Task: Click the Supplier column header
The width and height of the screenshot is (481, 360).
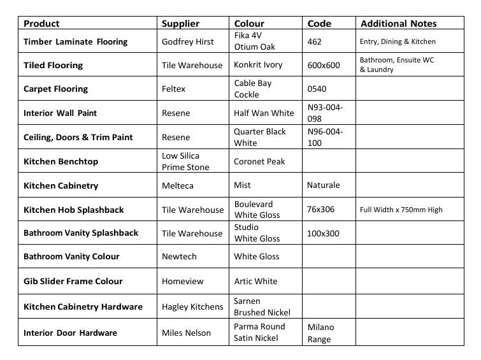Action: click(x=180, y=24)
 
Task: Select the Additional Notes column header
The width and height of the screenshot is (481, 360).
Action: click(x=398, y=24)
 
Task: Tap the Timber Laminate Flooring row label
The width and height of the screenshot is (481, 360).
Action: click(x=75, y=42)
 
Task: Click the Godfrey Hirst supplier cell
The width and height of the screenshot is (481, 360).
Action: click(x=189, y=42)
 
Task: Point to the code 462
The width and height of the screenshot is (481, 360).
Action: click(x=315, y=42)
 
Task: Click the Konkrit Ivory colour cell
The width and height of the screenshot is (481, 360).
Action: click(x=258, y=65)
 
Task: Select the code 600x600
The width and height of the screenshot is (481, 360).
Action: click(x=324, y=65)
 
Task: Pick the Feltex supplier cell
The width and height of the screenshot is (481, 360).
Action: click(x=173, y=89)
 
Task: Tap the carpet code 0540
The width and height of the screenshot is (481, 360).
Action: click(x=317, y=89)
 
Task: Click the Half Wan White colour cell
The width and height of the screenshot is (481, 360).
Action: click(x=264, y=113)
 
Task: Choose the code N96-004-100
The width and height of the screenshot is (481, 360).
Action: click(x=325, y=137)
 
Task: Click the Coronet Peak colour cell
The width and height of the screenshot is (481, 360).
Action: click(x=259, y=162)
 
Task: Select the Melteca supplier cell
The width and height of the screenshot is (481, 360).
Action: click(x=178, y=185)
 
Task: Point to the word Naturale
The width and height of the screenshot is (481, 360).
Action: click(x=324, y=185)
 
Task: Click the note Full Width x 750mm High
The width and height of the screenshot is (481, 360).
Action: click(x=401, y=210)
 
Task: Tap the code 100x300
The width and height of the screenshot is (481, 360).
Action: click(x=324, y=233)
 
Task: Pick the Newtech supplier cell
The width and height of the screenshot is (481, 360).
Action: click(x=179, y=257)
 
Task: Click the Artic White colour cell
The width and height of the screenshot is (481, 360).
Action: click(x=255, y=281)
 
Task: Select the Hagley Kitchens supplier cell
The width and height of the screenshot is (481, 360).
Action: click(x=192, y=306)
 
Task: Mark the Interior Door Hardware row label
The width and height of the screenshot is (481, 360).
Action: click(x=70, y=333)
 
